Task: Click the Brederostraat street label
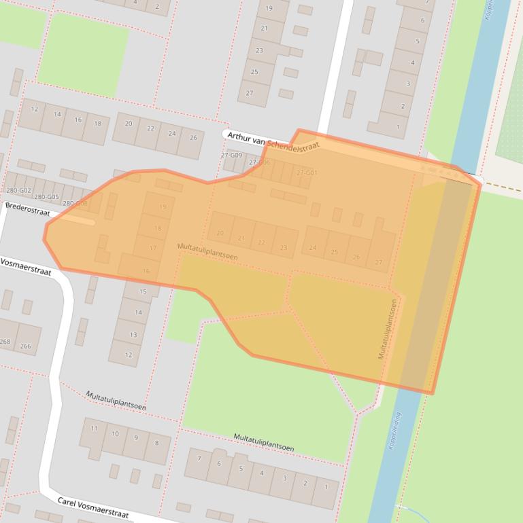27,209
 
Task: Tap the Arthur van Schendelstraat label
272,141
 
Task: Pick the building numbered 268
5,342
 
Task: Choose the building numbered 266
26,346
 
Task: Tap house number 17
153,249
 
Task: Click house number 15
143,291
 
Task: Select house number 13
133,334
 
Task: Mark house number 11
94,429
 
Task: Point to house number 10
115,433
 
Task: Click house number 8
156,443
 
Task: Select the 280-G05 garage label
46,197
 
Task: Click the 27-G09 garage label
231,156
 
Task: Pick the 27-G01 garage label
307,173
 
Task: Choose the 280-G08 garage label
75,203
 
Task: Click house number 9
136,438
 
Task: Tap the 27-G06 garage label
259,163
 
